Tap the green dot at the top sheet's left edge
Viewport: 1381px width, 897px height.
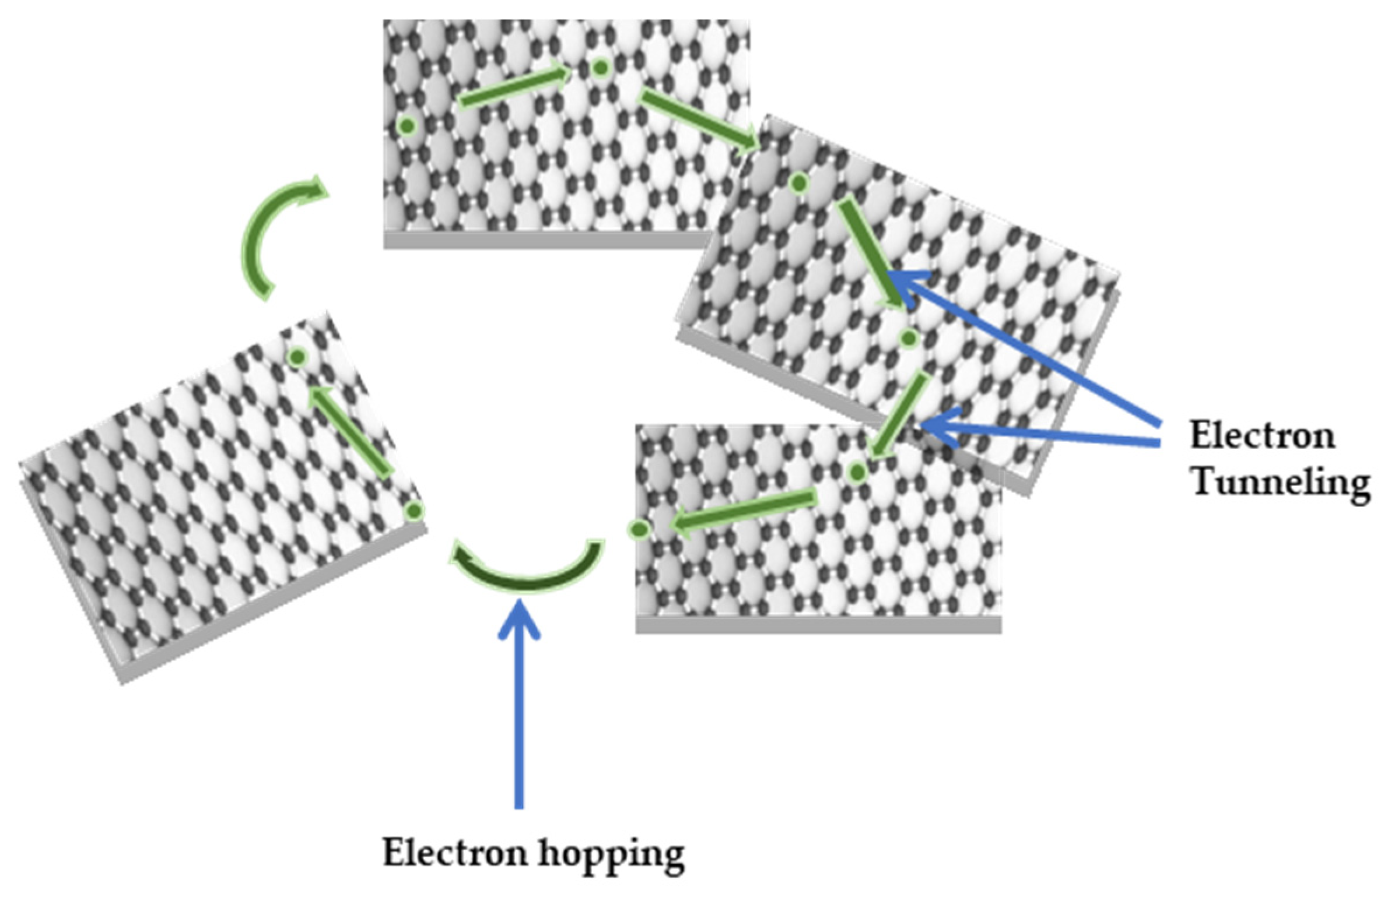[407, 125]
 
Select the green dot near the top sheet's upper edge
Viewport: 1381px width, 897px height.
[600, 68]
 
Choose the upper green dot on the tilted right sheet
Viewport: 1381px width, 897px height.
[799, 184]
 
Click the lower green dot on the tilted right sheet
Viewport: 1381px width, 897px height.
[908, 338]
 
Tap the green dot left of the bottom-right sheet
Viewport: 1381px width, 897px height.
[639, 529]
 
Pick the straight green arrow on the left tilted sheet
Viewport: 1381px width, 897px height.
[350, 431]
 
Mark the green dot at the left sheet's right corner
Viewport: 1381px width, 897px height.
[414, 511]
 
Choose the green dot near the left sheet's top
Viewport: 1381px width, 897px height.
[297, 357]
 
